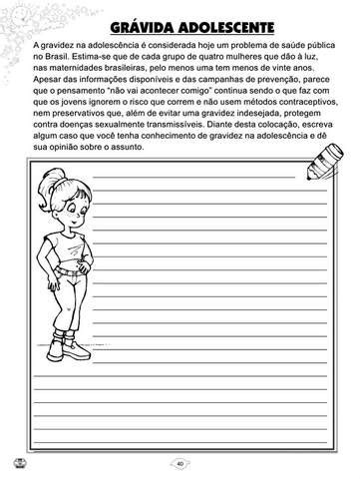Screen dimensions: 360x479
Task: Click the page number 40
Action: point(180,463)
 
